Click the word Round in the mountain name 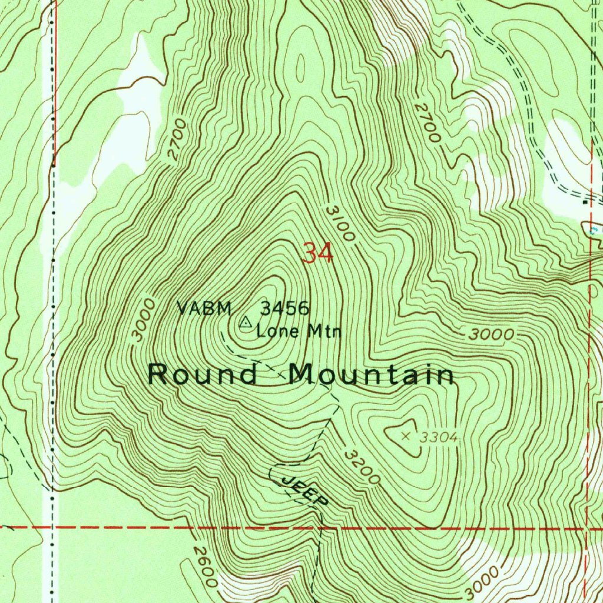tap(203, 375)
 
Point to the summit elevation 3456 tap(285, 307)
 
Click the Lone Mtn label tap(299, 331)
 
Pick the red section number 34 tap(318, 253)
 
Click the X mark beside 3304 tap(405, 436)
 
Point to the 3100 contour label tap(340, 224)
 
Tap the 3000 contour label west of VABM tap(144, 320)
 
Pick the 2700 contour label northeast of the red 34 tap(428, 123)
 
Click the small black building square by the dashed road tap(585, 202)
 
